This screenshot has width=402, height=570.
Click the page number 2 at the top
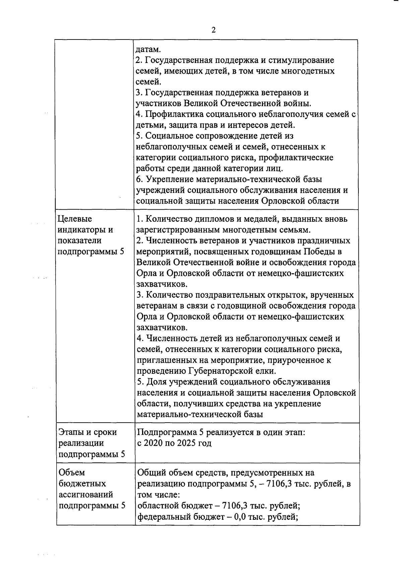[213, 30]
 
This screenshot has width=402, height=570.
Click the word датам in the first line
[148, 50]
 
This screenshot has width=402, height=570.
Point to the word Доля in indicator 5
[156, 382]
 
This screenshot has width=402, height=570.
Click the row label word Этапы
[72, 432]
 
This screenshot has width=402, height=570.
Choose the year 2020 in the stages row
[153, 443]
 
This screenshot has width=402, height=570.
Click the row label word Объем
[72, 473]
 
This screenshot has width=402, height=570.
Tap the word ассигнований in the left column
[86, 494]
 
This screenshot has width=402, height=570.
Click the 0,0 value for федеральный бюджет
[241, 516]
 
